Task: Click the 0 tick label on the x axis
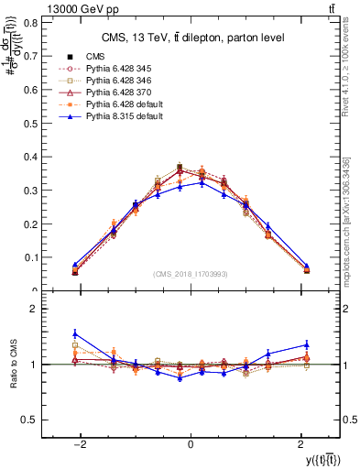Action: [191, 443]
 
